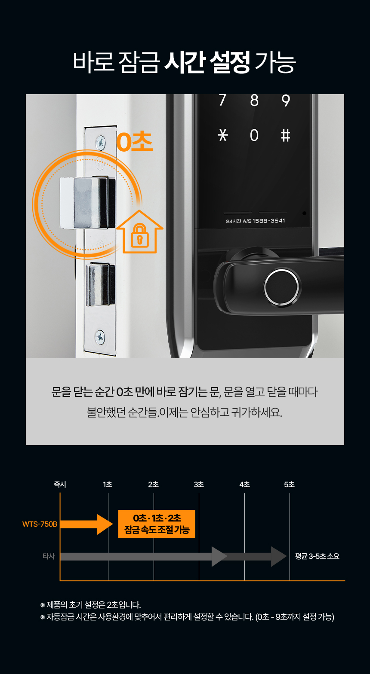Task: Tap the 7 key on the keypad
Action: [x=222, y=100]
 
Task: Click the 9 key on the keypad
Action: [x=285, y=101]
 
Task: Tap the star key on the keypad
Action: [x=223, y=135]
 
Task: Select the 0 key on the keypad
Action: [x=254, y=135]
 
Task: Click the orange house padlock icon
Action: [x=139, y=232]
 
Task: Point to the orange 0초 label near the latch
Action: [x=134, y=142]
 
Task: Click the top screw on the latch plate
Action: [x=101, y=141]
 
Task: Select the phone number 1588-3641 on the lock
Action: [x=269, y=221]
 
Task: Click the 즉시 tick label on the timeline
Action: [x=60, y=485]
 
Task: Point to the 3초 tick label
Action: [x=199, y=485]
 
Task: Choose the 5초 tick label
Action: [x=289, y=485]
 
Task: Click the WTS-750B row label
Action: [x=40, y=524]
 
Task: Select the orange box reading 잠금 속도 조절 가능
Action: [x=157, y=524]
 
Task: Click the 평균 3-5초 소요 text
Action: [x=317, y=556]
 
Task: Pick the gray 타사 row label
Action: [x=49, y=556]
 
